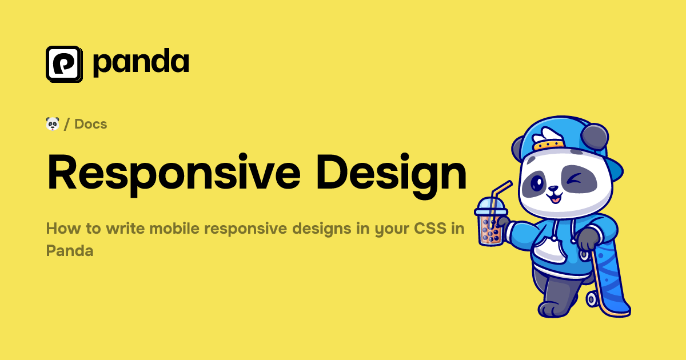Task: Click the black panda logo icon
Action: tap(64, 64)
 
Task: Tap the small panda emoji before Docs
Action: tap(53, 123)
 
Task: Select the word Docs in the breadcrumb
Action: tap(91, 124)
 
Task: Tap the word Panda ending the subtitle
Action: tap(69, 250)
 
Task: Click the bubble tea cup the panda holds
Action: tap(489, 223)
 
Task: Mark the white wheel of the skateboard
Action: tap(592, 298)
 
